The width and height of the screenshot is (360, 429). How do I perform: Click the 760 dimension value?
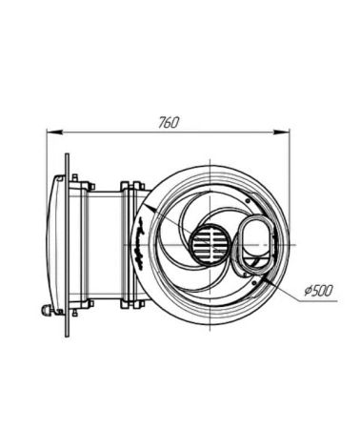(x=169, y=122)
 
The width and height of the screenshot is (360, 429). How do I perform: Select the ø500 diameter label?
(x=319, y=291)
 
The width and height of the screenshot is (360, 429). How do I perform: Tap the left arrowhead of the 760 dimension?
(x=53, y=131)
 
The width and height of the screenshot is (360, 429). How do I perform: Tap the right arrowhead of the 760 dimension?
(x=282, y=132)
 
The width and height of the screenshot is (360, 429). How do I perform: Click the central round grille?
(x=210, y=245)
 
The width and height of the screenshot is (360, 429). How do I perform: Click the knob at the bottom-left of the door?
(x=47, y=309)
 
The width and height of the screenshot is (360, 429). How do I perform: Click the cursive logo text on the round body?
(x=140, y=243)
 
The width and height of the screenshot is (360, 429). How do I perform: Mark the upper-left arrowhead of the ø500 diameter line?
(x=150, y=207)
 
